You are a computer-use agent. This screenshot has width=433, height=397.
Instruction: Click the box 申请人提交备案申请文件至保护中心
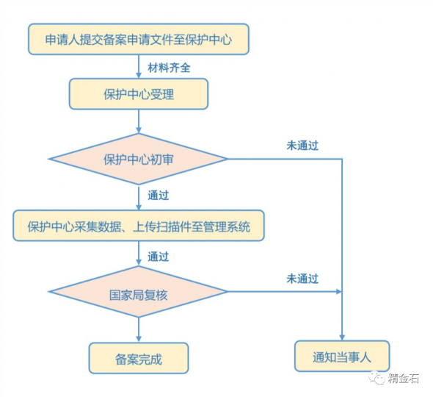(x=139, y=39)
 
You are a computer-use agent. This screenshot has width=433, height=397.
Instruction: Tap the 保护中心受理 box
(x=139, y=94)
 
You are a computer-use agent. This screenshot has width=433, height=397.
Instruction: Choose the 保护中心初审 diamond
(x=139, y=159)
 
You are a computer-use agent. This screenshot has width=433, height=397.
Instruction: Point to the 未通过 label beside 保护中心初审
(x=302, y=146)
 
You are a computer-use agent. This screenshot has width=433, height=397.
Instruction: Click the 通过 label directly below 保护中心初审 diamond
(x=159, y=196)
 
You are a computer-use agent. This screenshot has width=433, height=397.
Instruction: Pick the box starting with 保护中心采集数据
(x=139, y=226)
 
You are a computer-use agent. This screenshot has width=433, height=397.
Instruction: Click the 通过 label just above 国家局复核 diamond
(x=159, y=257)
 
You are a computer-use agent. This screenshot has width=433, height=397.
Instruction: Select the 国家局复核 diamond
(x=139, y=292)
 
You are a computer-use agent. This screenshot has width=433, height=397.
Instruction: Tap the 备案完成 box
(x=139, y=358)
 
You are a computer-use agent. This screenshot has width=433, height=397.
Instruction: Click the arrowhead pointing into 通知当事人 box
(x=342, y=337)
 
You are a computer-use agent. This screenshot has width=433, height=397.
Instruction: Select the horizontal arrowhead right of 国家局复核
(x=338, y=292)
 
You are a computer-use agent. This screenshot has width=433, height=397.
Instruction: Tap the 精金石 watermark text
(x=405, y=379)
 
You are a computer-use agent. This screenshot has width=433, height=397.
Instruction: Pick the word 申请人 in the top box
(x=62, y=39)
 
